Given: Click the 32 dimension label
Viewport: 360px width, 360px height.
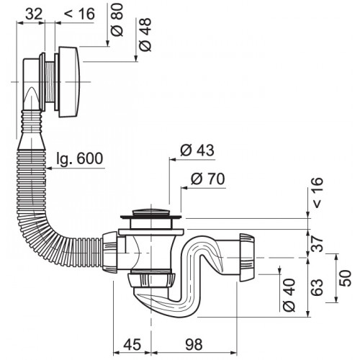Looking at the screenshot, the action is tap(34, 14).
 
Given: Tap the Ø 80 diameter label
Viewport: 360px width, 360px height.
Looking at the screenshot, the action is tap(117, 20).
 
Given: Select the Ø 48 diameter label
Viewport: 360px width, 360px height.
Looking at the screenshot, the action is tap(145, 35).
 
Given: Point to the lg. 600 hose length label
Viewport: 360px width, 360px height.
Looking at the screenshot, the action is tap(80, 158).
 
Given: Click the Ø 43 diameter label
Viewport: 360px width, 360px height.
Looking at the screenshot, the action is tap(197, 150).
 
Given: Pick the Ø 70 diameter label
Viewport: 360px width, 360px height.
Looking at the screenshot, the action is tap(208, 179).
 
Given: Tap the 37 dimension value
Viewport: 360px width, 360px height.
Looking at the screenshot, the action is tap(317, 243).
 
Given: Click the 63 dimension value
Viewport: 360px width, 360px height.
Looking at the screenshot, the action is tap(317, 287).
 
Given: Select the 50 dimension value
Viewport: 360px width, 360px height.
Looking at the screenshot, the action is tap(345, 279).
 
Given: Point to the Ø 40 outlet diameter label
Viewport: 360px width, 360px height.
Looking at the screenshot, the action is tap(289, 295).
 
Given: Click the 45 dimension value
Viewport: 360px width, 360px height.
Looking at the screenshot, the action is tap(132, 344).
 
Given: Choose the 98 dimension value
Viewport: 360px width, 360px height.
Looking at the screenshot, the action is tap(194, 344).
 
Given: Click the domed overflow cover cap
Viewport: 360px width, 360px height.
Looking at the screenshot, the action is tap(68, 82).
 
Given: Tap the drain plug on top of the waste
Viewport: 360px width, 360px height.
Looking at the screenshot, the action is tap(151, 213).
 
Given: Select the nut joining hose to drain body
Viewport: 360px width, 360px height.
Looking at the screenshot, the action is tap(109, 253).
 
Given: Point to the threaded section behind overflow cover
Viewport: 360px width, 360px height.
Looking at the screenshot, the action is tap(50, 82).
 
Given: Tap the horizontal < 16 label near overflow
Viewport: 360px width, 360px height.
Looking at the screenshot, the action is tap(80, 14).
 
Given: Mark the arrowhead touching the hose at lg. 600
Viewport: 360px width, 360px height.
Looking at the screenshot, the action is tap(49, 168).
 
